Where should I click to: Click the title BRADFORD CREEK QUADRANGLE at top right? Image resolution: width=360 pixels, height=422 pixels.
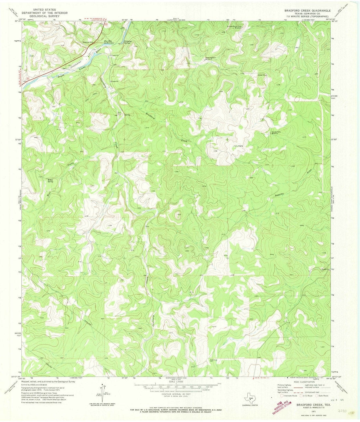307,10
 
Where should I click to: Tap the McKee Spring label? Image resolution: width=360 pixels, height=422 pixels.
50,180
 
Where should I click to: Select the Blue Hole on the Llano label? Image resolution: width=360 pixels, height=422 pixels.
110,42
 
